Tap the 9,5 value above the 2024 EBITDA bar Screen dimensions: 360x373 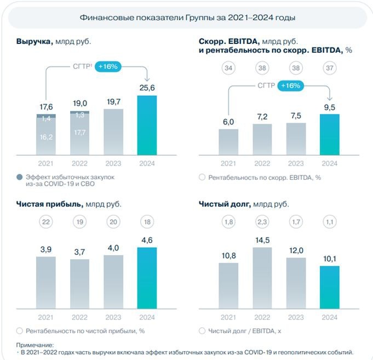[x=330, y=107]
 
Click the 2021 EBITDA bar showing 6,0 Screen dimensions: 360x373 [x=228, y=142]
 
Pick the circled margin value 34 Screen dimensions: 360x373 [x=228, y=68]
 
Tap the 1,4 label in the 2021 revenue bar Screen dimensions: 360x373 [x=46, y=119]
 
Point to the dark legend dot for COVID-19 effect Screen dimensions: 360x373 [x=20, y=177]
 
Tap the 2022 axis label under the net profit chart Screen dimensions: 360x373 [x=80, y=317]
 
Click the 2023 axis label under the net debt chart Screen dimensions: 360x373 [x=296, y=317]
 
